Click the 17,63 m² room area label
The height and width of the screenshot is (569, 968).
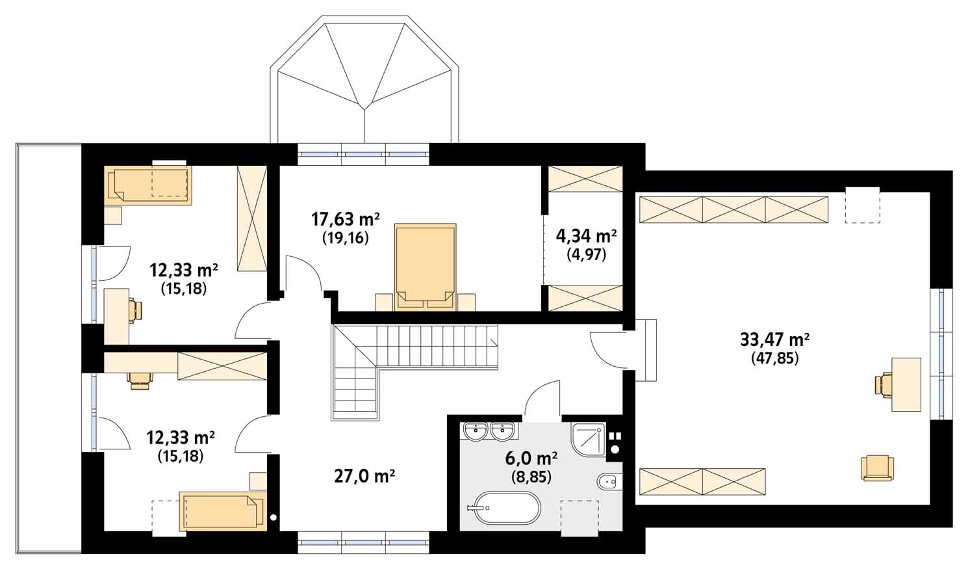[x=346, y=220]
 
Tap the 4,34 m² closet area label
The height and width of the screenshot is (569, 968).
[x=586, y=237]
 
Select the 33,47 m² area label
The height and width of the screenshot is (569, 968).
[x=775, y=339]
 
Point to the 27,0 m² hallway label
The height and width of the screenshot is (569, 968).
[x=364, y=477]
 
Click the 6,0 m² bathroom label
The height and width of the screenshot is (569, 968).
[x=531, y=458]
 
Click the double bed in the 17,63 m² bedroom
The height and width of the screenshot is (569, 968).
[x=426, y=267]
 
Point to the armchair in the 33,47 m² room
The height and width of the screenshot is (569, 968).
[x=877, y=468]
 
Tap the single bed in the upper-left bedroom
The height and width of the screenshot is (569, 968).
[x=149, y=185]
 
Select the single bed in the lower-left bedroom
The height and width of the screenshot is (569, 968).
[x=223, y=511]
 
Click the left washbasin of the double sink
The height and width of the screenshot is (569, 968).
[x=477, y=431]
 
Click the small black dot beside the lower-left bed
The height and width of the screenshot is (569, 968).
[x=273, y=516]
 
